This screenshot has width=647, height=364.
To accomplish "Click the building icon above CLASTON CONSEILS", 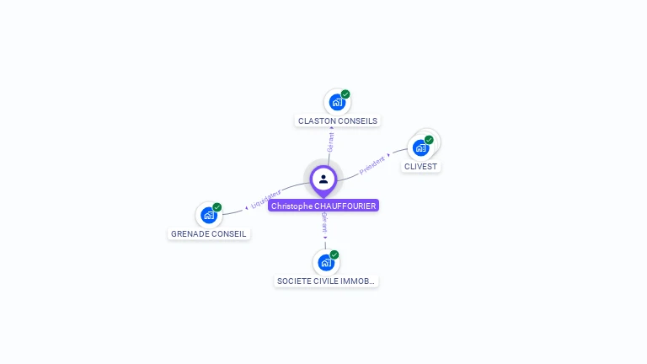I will coord(337,103).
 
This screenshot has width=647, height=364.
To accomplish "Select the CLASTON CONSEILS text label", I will coord(338,121).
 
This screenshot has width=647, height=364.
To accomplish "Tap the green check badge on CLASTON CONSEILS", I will coord(345,94).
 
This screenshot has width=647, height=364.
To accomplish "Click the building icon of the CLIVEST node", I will coord(420,147).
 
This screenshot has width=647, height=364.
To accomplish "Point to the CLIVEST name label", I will coord(421,167).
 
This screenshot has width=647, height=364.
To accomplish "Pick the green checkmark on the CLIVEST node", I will coord(429,140).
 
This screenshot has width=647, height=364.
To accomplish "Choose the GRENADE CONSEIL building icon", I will coord(208,215).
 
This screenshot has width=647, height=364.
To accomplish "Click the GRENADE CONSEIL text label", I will coord(209,234).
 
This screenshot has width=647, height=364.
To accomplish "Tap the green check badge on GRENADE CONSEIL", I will coord(217,207).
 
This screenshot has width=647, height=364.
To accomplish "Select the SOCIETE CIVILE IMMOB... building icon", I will coord(326,262).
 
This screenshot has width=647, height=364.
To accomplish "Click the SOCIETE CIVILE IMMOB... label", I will coord(327,281).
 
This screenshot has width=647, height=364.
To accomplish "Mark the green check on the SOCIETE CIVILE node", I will coord(334,254).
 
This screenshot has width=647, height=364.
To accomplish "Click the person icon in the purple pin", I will coord(323,179).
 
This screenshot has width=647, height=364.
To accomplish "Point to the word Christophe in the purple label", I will coord(291,206).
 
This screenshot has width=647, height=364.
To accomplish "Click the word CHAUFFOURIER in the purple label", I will coord(345,206).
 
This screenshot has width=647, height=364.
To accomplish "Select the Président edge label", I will coord(372,165).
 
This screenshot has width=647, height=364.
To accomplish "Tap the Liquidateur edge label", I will coord(266,198).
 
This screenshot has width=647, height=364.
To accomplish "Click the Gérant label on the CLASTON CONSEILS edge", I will coord(331,142).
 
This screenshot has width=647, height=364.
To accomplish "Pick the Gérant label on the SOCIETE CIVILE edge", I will coord(325,222).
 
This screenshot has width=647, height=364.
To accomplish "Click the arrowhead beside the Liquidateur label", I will coord(248,206).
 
